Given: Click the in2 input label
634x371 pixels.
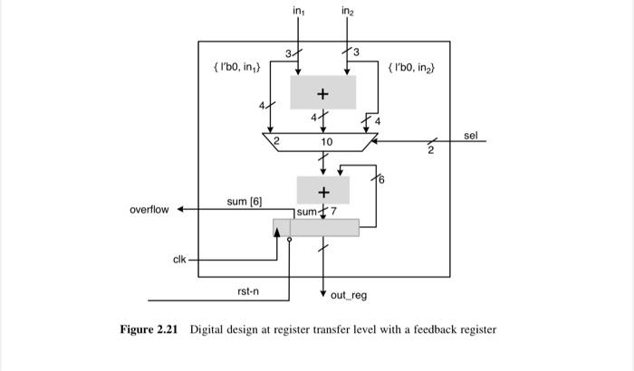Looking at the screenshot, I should [x=348, y=11].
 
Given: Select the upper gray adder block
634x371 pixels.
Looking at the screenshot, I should [x=322, y=92].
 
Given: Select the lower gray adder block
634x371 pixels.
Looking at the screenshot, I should [x=322, y=191].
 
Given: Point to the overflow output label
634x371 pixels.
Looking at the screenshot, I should [x=149, y=210].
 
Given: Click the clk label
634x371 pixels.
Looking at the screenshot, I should [x=179, y=260].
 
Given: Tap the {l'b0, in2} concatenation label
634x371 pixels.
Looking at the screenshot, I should [x=411, y=68].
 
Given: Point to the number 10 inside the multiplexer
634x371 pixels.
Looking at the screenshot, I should [x=327, y=143].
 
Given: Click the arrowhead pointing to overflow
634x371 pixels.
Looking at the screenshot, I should [x=180, y=210].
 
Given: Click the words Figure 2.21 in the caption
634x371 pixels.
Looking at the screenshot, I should [x=148, y=329].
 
